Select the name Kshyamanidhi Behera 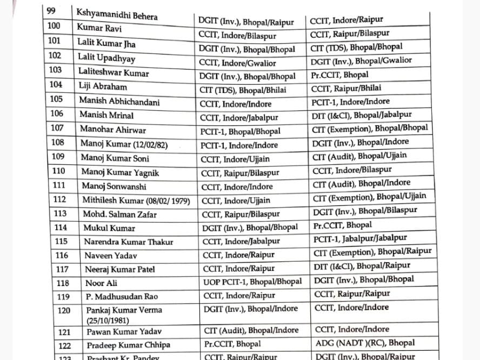tap(117, 14)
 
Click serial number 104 tap(56, 85)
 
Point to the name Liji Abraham tap(103, 86)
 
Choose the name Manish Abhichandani tap(119, 101)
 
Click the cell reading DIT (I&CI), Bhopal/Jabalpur tap(361, 115)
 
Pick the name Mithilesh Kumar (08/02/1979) tap(136, 200)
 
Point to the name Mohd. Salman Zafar tap(119, 214)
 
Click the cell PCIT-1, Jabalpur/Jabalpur tap(360, 238)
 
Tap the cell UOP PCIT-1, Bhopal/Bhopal tap(252, 282)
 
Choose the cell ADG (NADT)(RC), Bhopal tap(365, 343)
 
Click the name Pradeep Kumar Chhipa tap(128, 345)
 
